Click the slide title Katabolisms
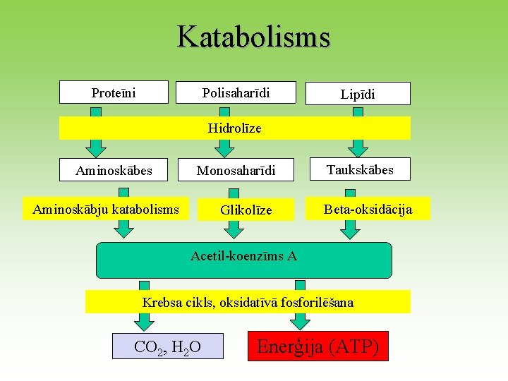253,37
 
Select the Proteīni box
114,92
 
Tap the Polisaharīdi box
236,92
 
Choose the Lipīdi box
358,94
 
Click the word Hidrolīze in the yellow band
234,128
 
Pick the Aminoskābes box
114,170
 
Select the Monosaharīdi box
236,170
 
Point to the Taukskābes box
360,169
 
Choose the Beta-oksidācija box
368,209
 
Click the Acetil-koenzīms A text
243,255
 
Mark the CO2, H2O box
167,346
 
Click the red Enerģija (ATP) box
317,346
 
